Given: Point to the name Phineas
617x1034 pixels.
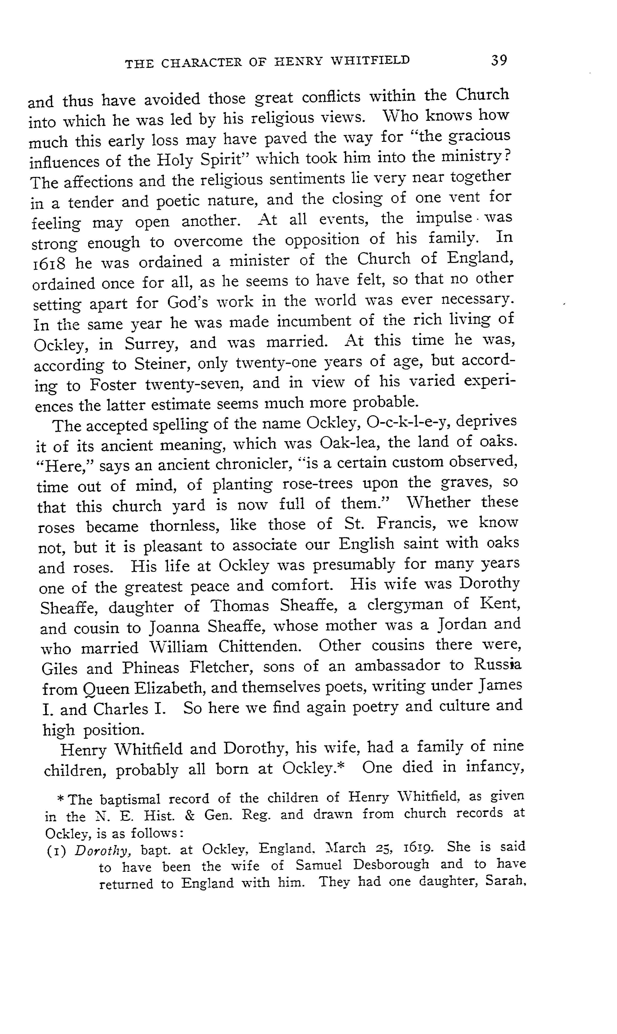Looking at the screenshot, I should (x=151, y=668).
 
